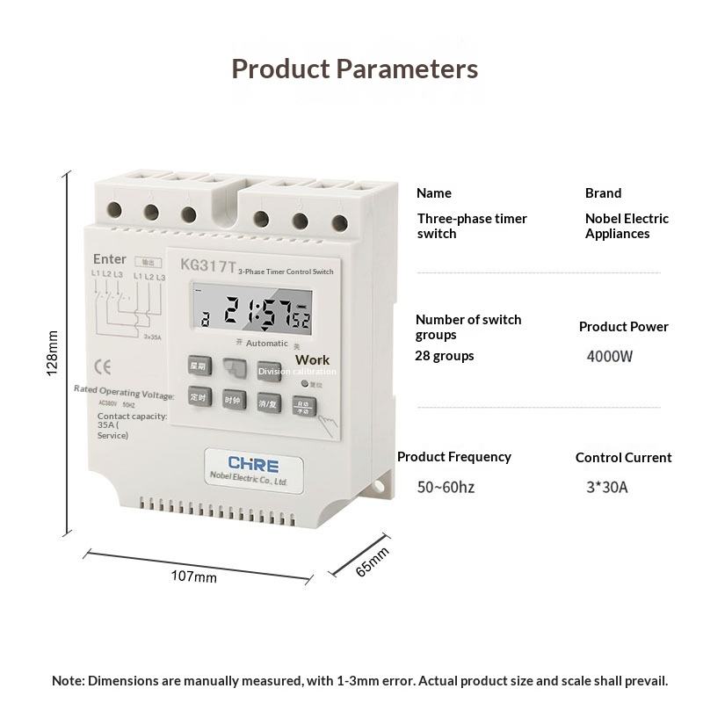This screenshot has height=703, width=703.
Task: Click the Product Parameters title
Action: [x=354, y=69]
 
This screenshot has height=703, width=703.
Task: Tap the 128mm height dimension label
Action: [x=53, y=353]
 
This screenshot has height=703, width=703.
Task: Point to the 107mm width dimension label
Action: [x=193, y=577]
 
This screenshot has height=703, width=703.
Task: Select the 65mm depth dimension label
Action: [x=372, y=562]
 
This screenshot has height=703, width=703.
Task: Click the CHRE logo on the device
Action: [x=253, y=464]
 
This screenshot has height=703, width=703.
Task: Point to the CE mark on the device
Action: [x=100, y=367]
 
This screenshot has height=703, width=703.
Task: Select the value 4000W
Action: [x=610, y=357]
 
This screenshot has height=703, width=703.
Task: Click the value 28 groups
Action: [x=444, y=356]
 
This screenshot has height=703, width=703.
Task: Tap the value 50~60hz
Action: [x=446, y=487]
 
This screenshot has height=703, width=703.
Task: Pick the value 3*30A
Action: [x=607, y=487]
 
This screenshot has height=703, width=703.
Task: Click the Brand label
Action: [x=603, y=193]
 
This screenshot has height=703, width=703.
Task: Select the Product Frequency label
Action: [x=453, y=457]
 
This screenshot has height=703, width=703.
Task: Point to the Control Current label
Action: [x=623, y=458]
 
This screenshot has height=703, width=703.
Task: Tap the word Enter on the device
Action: [x=110, y=259]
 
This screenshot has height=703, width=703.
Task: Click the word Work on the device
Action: [x=312, y=359]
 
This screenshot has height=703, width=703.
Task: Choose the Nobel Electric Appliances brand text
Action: [x=627, y=226]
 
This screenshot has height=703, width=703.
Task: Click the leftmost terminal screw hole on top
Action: [x=114, y=210]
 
